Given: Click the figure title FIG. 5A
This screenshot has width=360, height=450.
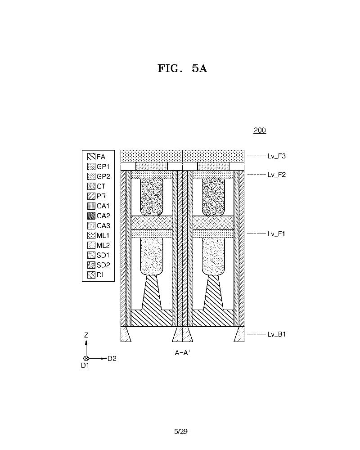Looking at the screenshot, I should pyautogui.click(x=182, y=69).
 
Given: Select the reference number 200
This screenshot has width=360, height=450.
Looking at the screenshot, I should pyautogui.click(x=260, y=130).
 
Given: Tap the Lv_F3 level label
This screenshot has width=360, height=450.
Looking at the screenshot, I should pyautogui.click(x=277, y=156).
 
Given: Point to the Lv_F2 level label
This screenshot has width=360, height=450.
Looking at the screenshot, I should pyautogui.click(x=277, y=174).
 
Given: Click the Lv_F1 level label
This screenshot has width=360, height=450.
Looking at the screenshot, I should pyautogui.click(x=277, y=234).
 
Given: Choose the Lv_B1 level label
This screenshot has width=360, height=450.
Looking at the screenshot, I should pyautogui.click(x=277, y=334).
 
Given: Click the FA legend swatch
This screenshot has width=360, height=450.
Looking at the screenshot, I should pyautogui.click(x=91, y=157).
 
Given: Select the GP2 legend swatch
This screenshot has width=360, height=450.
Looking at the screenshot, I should pyautogui.click(x=91, y=176).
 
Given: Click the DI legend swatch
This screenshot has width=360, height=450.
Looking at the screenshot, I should pyautogui.click(x=91, y=274).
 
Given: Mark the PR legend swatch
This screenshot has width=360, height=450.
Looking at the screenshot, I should pyautogui.click(x=91, y=196).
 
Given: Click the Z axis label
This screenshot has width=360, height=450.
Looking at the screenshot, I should pyautogui.click(x=86, y=335).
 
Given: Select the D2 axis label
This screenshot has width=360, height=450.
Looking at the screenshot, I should pyautogui.click(x=112, y=359).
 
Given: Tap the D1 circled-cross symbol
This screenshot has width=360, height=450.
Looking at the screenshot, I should pyautogui.click(x=86, y=359).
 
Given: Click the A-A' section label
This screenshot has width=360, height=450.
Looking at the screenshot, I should pyautogui.click(x=183, y=353).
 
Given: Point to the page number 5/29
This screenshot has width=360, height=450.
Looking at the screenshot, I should pyautogui.click(x=180, y=432).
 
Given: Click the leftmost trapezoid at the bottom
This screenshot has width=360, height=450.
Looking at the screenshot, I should pyautogui.click(x=126, y=334).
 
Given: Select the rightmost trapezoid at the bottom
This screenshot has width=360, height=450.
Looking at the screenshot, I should pyautogui.click(x=239, y=334).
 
